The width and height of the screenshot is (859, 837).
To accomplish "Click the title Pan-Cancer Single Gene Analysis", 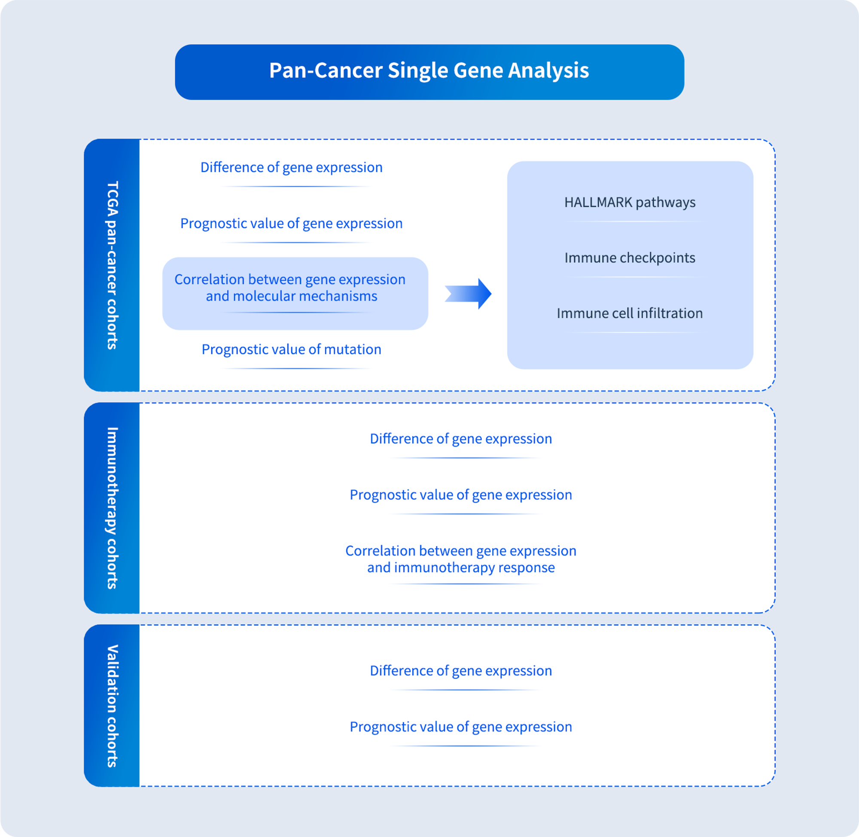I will (x=429, y=71).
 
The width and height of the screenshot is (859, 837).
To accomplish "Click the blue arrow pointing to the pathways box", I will (x=469, y=294).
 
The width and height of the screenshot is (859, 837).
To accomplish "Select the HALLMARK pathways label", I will (x=629, y=202).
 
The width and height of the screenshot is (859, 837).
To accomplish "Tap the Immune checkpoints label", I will (x=629, y=258).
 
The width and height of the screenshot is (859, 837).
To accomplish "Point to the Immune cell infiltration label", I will (x=629, y=313).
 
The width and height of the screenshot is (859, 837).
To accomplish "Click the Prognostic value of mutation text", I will (x=291, y=349).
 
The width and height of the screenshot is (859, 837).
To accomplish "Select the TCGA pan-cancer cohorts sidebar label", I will (x=112, y=265).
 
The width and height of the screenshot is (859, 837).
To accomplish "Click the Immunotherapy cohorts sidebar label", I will (x=112, y=508).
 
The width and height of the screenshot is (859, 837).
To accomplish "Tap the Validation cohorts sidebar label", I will (x=112, y=706).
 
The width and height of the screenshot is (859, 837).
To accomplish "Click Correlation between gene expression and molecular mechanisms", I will (x=290, y=288).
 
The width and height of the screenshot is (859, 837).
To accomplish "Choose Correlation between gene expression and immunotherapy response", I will (x=460, y=559).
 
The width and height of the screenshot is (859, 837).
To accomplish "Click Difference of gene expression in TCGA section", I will (x=291, y=167).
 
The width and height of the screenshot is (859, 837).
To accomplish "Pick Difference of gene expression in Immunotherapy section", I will (x=460, y=438).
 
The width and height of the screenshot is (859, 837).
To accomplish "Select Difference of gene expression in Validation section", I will (x=460, y=670).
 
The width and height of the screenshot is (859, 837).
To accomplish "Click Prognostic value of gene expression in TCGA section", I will (x=291, y=223).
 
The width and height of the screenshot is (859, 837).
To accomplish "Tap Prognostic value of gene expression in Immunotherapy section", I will (x=460, y=494).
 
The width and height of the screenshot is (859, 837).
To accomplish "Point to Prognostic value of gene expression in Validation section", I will (x=460, y=727).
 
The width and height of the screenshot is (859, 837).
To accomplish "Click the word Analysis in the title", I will (x=548, y=71).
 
